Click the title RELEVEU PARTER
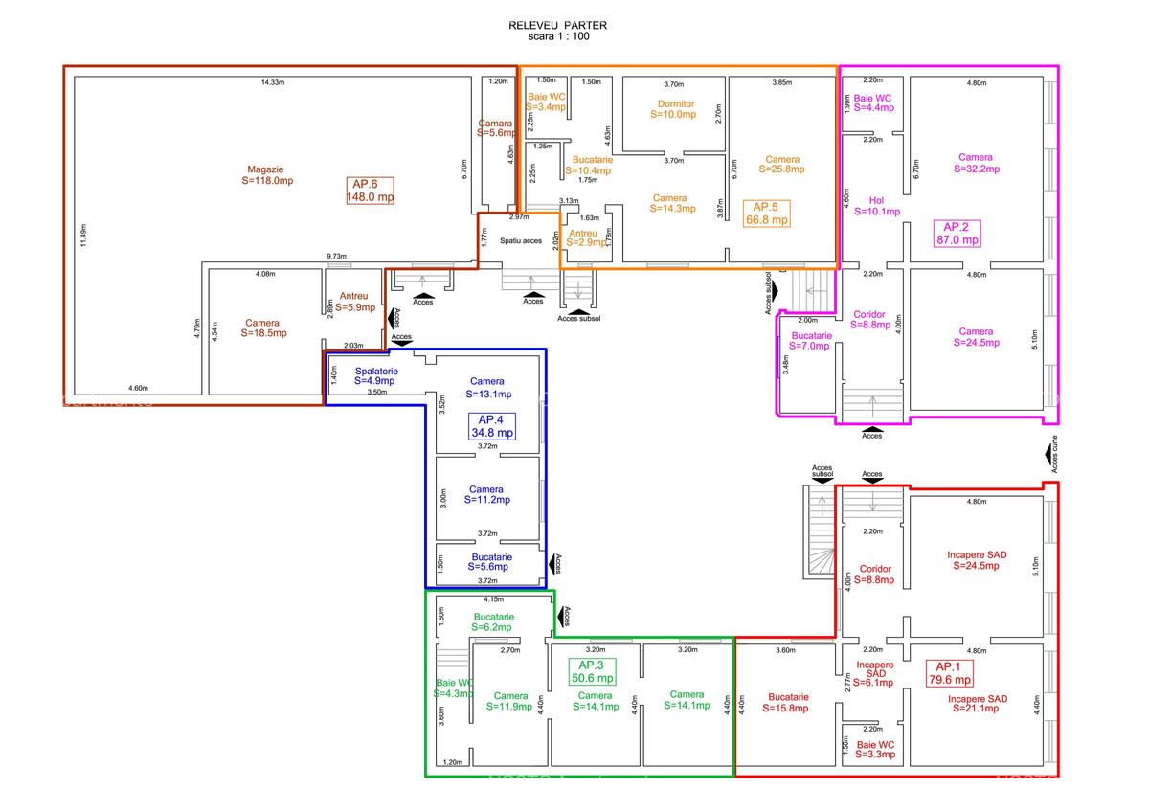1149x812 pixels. pyautogui.click(x=558, y=26)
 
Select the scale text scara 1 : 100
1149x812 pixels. pyautogui.click(x=558, y=37)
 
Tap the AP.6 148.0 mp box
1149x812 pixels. pyautogui.click(x=371, y=191)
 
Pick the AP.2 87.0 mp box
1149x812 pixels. pyautogui.click(x=957, y=234)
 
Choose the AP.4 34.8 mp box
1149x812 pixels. pyautogui.click(x=491, y=426)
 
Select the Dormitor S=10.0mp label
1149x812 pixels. pyautogui.click(x=675, y=109)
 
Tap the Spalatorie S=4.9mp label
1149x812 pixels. pyautogui.click(x=376, y=376)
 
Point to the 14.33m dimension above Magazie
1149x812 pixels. pyautogui.click(x=274, y=83)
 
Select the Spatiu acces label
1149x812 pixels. pyautogui.click(x=520, y=240)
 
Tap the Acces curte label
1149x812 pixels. pyautogui.click(x=1053, y=455)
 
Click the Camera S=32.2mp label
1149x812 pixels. pyautogui.click(x=976, y=163)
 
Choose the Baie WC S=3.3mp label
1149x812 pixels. pyautogui.click(x=875, y=749)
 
